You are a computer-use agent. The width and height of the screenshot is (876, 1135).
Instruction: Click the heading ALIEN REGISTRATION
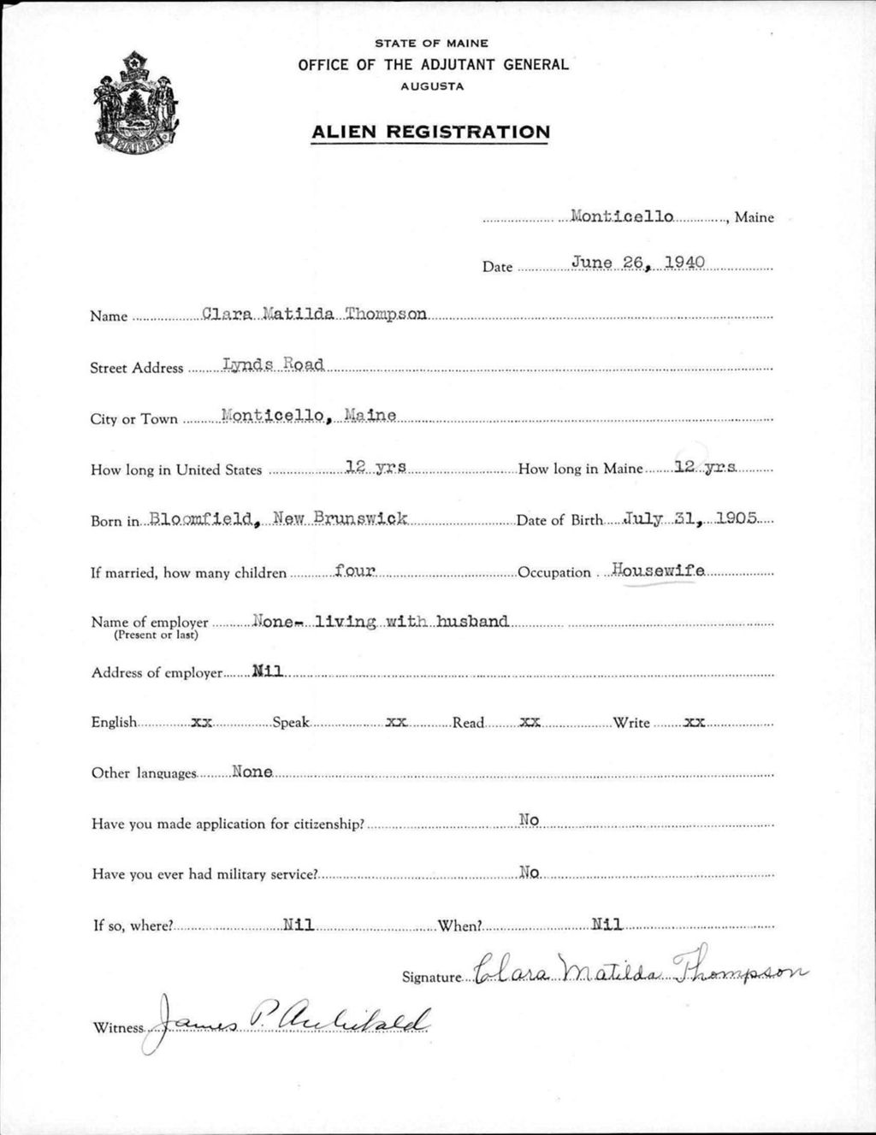point(430,132)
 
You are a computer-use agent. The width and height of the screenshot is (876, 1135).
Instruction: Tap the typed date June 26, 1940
point(637,263)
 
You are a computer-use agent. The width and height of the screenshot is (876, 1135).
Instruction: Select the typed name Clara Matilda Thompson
point(314,314)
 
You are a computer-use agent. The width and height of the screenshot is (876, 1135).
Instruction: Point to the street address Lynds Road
point(273,364)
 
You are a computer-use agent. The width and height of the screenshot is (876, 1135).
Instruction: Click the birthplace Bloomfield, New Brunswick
point(279,518)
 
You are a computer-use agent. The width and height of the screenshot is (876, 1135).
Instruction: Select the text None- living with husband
point(381,621)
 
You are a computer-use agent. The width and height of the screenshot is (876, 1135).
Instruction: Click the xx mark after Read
point(530,722)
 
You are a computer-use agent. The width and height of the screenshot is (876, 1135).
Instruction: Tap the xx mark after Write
point(694,722)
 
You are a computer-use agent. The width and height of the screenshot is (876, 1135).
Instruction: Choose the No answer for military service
point(529,872)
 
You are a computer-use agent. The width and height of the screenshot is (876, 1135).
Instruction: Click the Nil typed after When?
point(607,924)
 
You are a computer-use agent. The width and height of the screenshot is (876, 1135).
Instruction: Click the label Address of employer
point(157,673)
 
